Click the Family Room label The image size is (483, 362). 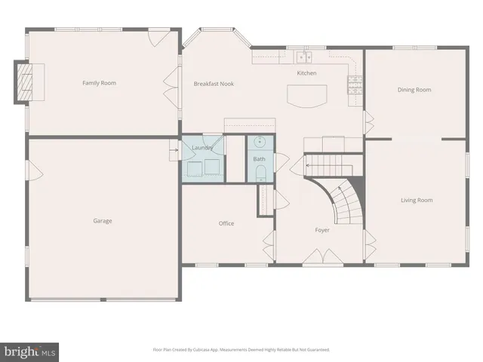click(99, 83)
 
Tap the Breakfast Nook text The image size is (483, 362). click(214, 84)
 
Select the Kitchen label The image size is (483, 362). click(306, 73)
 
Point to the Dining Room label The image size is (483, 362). click(414, 90)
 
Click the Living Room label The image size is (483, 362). click(416, 200)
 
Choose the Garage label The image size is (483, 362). click(103, 221)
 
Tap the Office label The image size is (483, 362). click(226, 223)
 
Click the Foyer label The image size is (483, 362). click(323, 229)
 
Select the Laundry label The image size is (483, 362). click(202, 148)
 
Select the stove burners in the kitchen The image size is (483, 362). click(353, 83)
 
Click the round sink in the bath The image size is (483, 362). click(260, 142)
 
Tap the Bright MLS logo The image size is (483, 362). click(30, 351)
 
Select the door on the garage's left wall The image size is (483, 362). click(30, 171)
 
